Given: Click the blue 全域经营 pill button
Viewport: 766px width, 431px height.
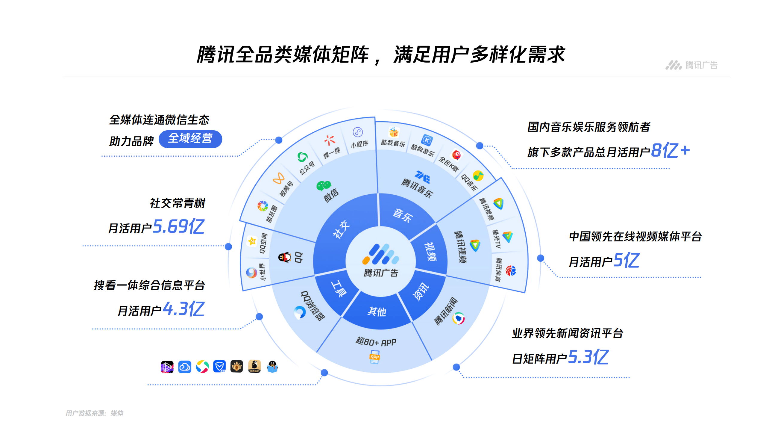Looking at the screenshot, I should (x=190, y=139).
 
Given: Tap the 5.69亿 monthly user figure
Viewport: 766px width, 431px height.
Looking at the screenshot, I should (x=179, y=226).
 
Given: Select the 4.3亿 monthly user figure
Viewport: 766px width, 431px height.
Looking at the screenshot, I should (x=183, y=309).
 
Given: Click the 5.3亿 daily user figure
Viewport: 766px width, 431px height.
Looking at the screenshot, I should (x=588, y=357).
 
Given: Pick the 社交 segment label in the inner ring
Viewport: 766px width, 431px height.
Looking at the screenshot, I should (x=341, y=229).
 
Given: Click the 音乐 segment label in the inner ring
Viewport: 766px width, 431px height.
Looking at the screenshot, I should (x=403, y=215).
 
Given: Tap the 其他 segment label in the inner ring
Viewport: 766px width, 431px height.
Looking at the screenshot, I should (x=377, y=311).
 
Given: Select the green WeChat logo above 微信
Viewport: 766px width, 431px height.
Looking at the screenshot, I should (x=324, y=186).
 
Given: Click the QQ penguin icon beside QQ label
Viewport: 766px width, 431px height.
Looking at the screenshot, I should (x=284, y=257).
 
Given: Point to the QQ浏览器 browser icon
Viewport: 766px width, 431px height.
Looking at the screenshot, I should (x=300, y=312).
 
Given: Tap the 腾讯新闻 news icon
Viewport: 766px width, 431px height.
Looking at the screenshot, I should (x=458, y=318).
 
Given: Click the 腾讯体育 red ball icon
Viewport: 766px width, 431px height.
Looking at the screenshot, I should (x=511, y=271).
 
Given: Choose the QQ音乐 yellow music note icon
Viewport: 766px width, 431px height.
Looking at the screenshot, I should (x=478, y=176).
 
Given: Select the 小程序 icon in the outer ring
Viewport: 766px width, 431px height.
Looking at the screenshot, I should (x=358, y=132).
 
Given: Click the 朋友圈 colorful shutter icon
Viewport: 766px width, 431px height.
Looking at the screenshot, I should (x=263, y=206).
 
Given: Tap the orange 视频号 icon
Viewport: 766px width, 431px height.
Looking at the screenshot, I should (x=278, y=178).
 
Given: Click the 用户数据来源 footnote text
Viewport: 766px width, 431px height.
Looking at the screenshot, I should (x=94, y=413).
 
